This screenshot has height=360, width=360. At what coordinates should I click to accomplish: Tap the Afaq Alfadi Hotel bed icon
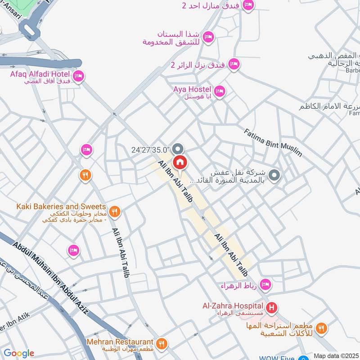[x=78, y=76]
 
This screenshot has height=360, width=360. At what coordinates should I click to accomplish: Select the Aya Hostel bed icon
[x=219, y=91]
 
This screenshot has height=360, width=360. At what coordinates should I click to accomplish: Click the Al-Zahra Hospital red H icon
[x=271, y=308]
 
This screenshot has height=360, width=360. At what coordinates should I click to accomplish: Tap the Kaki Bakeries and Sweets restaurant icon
[x=115, y=211]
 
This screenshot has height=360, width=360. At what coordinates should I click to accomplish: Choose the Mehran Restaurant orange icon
[x=162, y=343]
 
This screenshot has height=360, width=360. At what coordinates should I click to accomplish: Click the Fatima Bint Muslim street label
[x=273, y=142]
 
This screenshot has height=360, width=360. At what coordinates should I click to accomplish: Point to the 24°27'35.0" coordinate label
[x=150, y=149]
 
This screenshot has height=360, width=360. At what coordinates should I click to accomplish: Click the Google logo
[x=18, y=353]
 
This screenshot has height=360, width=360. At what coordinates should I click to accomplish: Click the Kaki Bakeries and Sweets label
[x=61, y=207]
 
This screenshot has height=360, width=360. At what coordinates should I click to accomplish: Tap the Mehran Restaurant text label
[x=121, y=342]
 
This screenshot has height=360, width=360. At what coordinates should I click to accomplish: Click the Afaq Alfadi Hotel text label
[x=40, y=74]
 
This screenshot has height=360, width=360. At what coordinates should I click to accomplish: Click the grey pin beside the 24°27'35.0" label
[x=178, y=148]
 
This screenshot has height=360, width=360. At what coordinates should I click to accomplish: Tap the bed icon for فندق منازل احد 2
[x=248, y=5]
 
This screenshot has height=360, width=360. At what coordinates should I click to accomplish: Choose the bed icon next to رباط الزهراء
[x=265, y=284]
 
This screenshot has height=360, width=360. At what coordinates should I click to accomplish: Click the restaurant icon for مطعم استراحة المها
[x=321, y=328]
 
